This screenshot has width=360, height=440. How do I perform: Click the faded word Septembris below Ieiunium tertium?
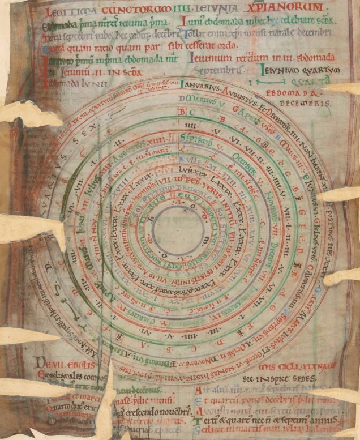217,71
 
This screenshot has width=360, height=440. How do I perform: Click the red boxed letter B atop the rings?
182,112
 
